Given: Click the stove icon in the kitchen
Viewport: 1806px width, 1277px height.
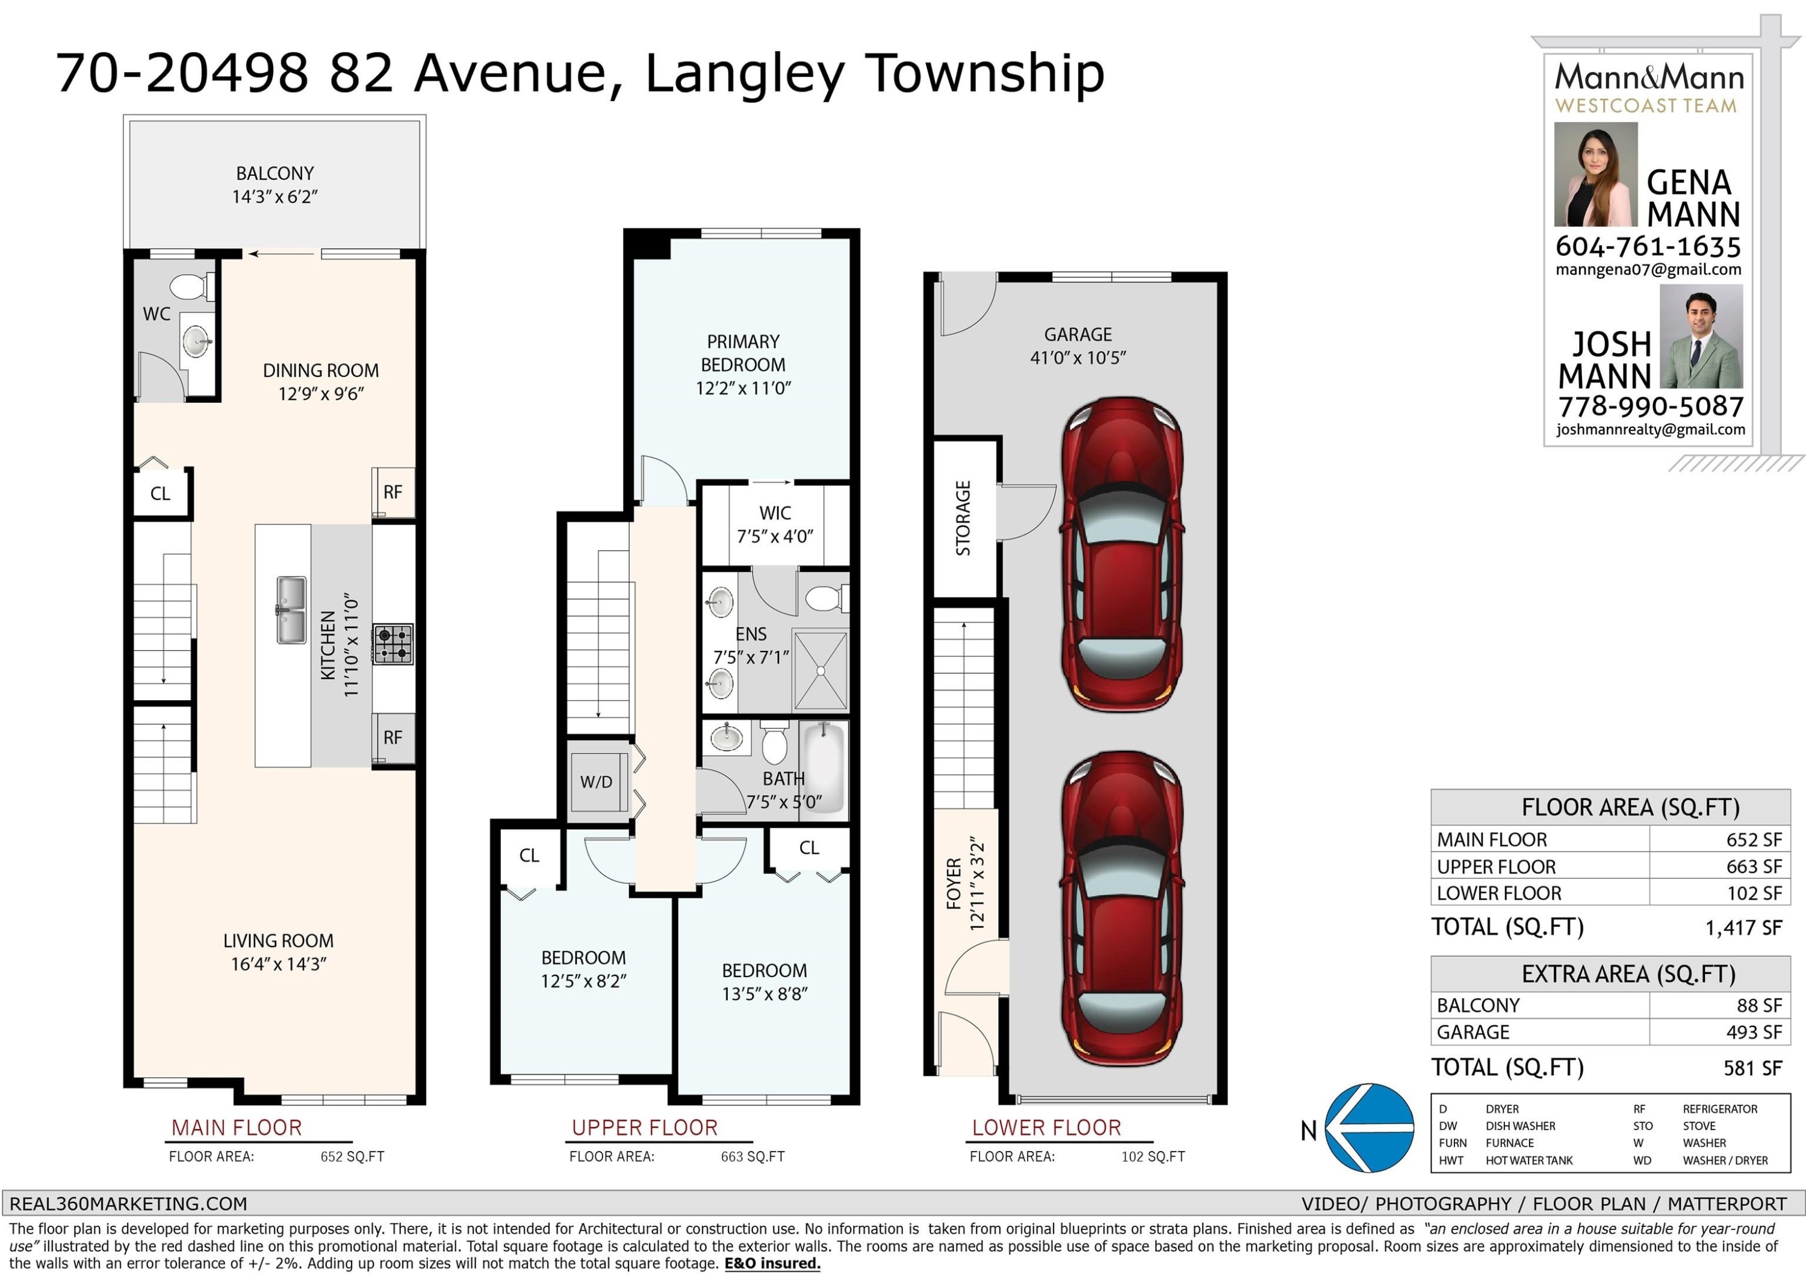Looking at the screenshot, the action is click(x=393, y=644).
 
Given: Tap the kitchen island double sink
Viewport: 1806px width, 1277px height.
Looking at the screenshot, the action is click(x=291, y=610).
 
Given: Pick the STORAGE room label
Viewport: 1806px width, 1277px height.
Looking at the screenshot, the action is click(x=963, y=518).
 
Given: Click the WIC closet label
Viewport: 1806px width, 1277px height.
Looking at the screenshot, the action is click(x=775, y=513).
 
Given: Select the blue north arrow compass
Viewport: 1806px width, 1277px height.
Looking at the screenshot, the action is click(x=1370, y=1128).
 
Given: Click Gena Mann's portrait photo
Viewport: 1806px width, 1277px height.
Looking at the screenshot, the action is click(x=1595, y=174).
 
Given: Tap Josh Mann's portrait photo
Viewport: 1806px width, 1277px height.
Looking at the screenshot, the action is click(x=1701, y=336).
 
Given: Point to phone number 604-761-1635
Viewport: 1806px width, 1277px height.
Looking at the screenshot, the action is click(x=1648, y=247).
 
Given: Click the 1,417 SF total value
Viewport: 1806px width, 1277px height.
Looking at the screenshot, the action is click(x=1743, y=928).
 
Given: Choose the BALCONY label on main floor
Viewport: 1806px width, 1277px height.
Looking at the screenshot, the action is click(x=275, y=173).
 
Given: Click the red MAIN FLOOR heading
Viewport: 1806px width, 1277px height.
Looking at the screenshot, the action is click(x=237, y=1128).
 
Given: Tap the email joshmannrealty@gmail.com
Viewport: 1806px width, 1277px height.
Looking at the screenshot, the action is click(x=1650, y=430).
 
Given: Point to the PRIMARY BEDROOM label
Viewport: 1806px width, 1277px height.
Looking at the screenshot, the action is click(x=743, y=353).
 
